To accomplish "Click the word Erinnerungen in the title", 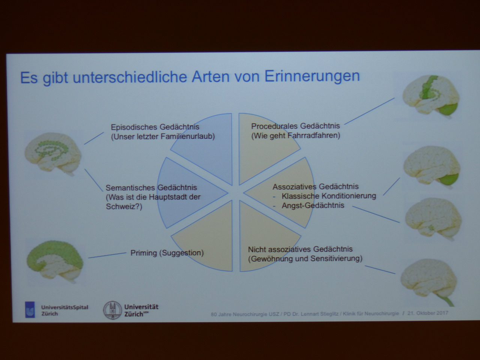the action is tap(312, 76).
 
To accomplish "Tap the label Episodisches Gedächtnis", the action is tap(155, 127).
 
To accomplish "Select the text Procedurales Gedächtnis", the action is tap(295, 126).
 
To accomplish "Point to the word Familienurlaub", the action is tap(187, 136).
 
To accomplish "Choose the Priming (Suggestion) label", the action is tap(167, 253).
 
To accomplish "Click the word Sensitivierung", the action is tap(336, 259).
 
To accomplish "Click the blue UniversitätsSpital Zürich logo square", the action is tap(30, 310).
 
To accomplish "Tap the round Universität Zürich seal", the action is tap(112, 310).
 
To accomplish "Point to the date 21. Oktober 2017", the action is tap(428, 313).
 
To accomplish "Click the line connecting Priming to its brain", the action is tap(107, 255).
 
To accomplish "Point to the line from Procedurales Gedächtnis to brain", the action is tap(369, 111).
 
